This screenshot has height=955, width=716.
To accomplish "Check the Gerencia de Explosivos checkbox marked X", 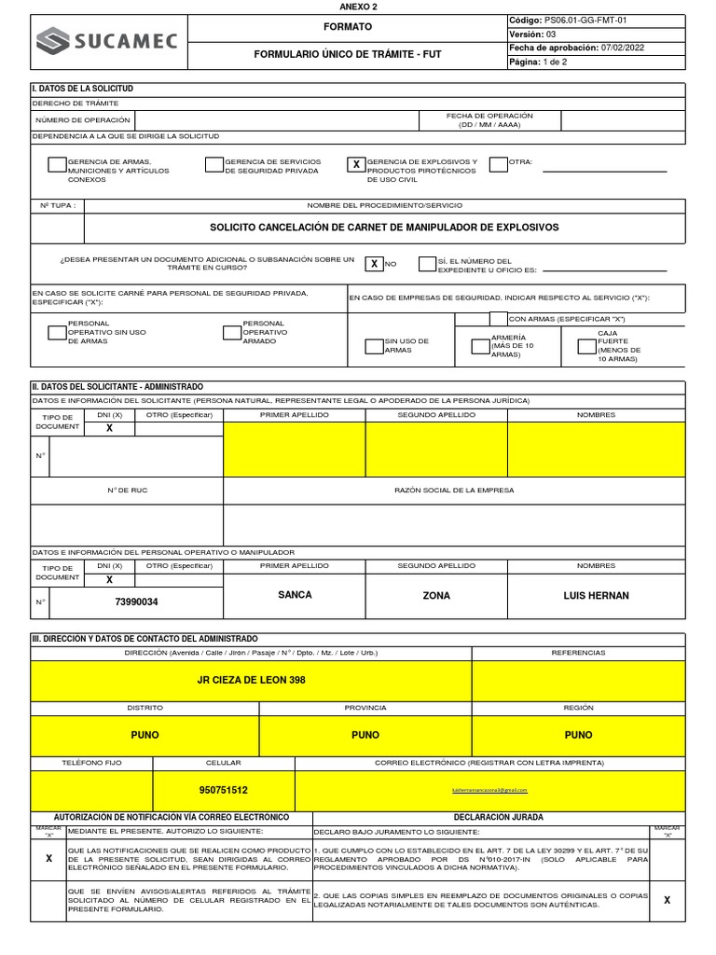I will pos(355,165).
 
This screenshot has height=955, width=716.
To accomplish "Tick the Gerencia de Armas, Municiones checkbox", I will pos(57,165).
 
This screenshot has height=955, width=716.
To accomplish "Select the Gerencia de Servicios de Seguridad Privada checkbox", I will pos(214,165).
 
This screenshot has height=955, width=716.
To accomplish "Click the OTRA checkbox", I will pos(498,165).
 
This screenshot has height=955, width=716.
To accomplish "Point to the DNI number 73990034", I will pos(136,602).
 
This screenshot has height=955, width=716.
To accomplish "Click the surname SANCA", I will pos(295,595).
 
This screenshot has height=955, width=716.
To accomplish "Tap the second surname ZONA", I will pos(436,595).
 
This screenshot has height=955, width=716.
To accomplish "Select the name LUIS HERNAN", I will pos(596,595).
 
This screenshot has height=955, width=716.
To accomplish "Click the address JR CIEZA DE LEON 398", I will pos(252,680).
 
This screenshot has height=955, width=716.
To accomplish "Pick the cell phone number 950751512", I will pos(224,790).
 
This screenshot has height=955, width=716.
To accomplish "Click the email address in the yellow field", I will pos(489,790).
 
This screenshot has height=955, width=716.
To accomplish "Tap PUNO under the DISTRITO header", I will pos(145,735).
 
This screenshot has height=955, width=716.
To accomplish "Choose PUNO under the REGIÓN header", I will pos(578,735).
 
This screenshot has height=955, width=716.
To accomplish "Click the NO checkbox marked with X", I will pos(374,264).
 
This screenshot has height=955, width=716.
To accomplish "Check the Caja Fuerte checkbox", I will pos(586,346).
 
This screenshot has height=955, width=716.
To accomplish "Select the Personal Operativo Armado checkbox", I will pos(232,333).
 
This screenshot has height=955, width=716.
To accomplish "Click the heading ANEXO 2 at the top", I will pos(358,6).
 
